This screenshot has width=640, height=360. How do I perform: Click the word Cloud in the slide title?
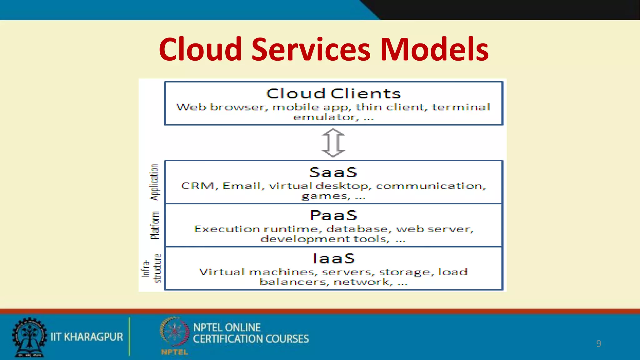[200, 49]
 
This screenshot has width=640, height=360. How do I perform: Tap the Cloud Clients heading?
[333, 93]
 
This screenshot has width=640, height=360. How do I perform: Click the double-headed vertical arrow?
[333, 143]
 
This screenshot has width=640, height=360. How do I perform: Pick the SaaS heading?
[333, 172]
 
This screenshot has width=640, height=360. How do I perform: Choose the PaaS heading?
[333, 215]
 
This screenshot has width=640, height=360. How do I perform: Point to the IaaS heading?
[334, 258]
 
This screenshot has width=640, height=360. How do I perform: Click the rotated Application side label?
[154, 182]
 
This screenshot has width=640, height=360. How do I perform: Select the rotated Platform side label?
[155, 225]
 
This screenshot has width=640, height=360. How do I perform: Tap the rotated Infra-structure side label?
[152, 268]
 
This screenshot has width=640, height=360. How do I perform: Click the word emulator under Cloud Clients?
[324, 117]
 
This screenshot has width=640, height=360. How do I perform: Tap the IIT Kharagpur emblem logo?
[29, 337]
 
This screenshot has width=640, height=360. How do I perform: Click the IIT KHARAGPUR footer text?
[87, 337]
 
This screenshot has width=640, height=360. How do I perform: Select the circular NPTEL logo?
[175, 332]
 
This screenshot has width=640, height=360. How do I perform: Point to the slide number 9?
[598, 343]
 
